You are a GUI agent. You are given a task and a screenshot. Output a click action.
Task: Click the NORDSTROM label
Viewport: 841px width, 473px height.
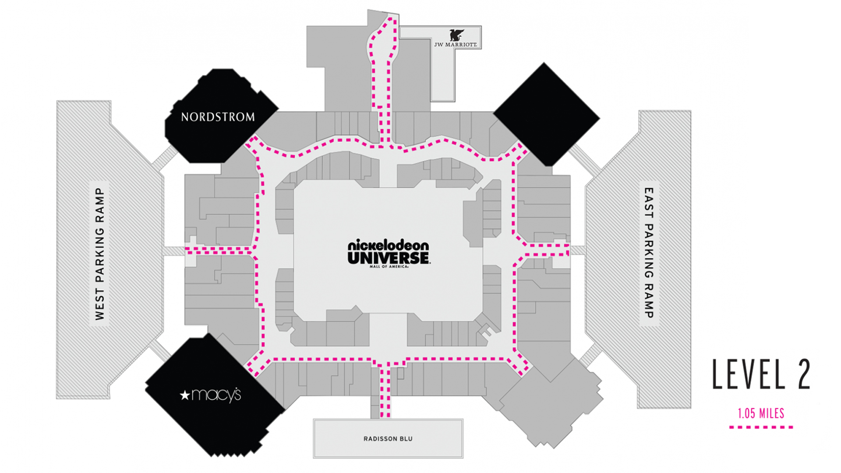(218, 117)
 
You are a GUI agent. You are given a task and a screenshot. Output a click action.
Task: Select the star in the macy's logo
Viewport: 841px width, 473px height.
(185, 395)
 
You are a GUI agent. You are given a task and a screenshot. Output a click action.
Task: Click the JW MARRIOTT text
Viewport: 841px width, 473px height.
(456, 45)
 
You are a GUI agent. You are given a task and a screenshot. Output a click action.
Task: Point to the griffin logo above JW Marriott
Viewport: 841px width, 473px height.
(456, 35)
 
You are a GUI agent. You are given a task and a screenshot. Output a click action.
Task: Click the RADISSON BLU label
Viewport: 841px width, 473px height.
(388, 439)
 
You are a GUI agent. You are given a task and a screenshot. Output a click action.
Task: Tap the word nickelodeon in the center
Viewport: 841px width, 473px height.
(389, 245)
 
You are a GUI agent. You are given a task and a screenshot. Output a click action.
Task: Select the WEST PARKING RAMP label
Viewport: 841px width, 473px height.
(100, 254)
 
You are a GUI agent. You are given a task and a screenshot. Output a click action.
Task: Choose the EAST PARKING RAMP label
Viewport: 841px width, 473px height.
(649, 253)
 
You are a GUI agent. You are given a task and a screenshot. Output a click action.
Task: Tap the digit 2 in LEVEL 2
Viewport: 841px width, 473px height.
(804, 374)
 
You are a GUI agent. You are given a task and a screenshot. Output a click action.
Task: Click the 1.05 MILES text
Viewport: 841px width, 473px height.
(761, 413)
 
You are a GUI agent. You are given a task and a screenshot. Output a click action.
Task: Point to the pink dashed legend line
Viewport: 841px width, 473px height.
(761, 427)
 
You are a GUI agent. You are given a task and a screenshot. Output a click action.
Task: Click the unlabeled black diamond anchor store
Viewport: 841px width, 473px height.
(547, 114)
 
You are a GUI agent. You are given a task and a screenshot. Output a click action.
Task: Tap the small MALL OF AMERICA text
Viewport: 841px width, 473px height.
(389, 267)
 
